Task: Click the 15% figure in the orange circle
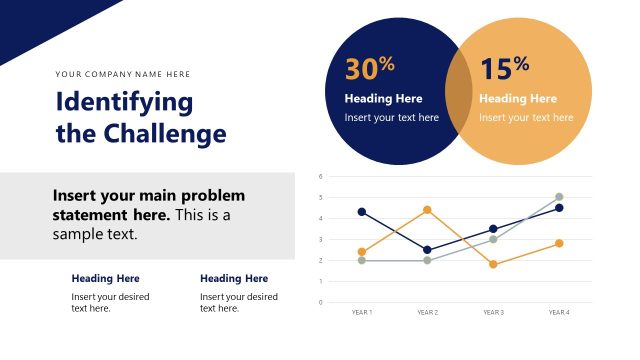coord(504,68)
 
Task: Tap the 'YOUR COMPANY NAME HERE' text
coord(123,74)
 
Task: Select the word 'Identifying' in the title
coord(124,102)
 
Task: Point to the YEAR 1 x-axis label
coord(362,312)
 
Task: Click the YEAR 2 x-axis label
coord(427,312)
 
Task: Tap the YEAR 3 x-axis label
coord(493,312)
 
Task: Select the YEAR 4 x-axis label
coord(559,312)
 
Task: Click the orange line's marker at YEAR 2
coord(427,210)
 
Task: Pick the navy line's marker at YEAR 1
coord(362,212)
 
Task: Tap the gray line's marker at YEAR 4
coord(559,197)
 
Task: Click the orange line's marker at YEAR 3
coord(493,264)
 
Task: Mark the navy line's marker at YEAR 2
coord(427,250)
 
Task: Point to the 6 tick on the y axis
coord(320,176)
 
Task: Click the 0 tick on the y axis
coord(320,302)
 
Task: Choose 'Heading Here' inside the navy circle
coord(383,99)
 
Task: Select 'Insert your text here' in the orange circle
coord(526,117)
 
